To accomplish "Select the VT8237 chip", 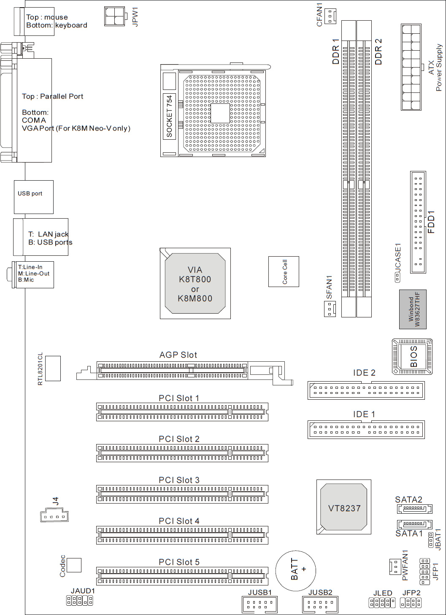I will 344,507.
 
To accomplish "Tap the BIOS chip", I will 412,357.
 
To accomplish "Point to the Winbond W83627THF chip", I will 413,309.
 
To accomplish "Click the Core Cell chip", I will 284,271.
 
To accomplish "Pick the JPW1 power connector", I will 115,16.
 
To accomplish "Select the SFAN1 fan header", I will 330,309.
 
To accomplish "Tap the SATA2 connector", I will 414,509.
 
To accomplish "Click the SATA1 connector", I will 414,524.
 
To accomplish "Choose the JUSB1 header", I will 259,605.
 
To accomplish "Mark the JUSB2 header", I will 320,605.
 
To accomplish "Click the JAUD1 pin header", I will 79,601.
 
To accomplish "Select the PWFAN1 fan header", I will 395,566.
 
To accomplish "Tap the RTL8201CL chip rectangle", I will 53,368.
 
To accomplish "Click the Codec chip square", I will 74,565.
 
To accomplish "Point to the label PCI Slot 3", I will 179,480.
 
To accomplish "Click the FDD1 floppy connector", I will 418,222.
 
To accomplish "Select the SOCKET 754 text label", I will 169,116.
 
